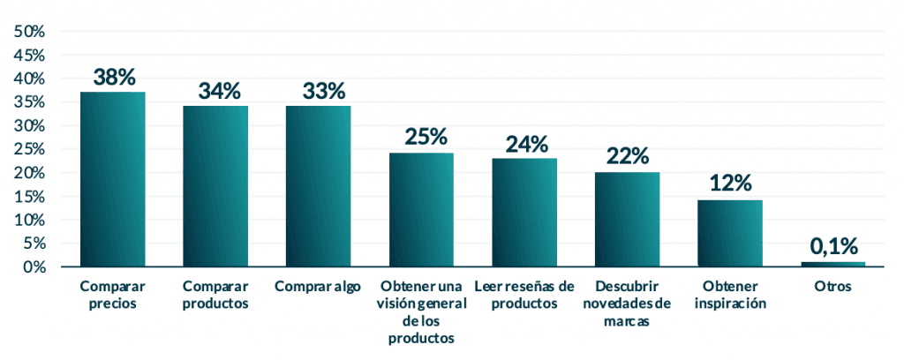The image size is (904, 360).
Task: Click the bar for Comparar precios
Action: [112, 179]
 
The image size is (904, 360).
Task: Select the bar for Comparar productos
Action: [215, 186]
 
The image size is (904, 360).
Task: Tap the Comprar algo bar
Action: [318, 186]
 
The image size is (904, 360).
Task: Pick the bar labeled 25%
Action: [421, 210]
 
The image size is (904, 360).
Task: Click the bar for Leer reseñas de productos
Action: [524, 213]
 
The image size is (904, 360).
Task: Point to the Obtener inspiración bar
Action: [730, 234]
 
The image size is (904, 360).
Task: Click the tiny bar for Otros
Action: [832, 264]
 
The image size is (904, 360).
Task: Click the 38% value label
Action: [112, 78]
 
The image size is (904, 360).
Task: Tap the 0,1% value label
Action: [832, 247]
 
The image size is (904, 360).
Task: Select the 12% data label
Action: [730, 184]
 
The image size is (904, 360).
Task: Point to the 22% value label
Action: [627, 157]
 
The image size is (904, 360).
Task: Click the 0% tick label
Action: [34, 266]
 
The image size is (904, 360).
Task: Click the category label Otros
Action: [832, 287]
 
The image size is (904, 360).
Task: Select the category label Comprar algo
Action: [318, 287]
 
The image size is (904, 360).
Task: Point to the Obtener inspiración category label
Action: [730, 295]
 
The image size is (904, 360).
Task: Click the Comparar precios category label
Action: [112, 295]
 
